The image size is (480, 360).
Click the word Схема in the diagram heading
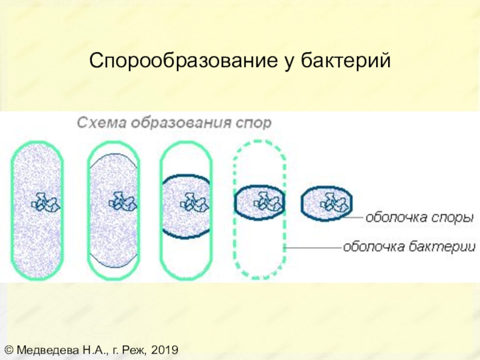coord(96,123)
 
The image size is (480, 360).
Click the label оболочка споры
coord(419,217)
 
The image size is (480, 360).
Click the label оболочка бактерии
coord(410,247)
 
